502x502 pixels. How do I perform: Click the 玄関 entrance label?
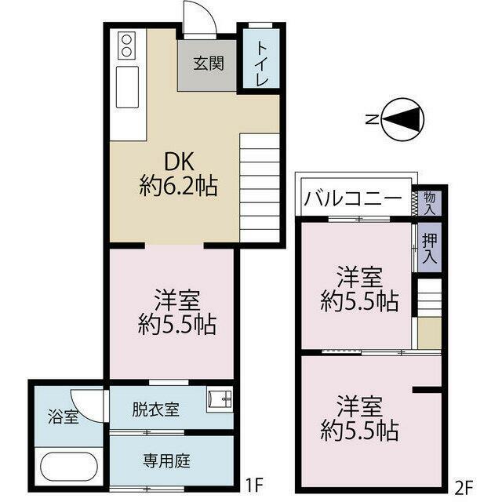208,64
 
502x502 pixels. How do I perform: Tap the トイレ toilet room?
261,59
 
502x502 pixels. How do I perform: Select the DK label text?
179,162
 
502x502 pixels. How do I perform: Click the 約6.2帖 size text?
179,186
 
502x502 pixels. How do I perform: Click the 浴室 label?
64,417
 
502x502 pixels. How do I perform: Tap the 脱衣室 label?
155,409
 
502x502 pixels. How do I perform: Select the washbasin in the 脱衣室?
220,401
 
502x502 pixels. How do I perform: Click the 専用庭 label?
166,461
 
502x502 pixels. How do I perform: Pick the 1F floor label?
254,486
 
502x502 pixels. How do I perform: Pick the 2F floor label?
464,488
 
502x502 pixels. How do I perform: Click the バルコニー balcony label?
353,198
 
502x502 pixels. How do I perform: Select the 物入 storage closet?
430,203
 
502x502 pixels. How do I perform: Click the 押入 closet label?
430,248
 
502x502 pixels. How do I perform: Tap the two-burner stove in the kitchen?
127,45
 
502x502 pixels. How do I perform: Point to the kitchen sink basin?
127,87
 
